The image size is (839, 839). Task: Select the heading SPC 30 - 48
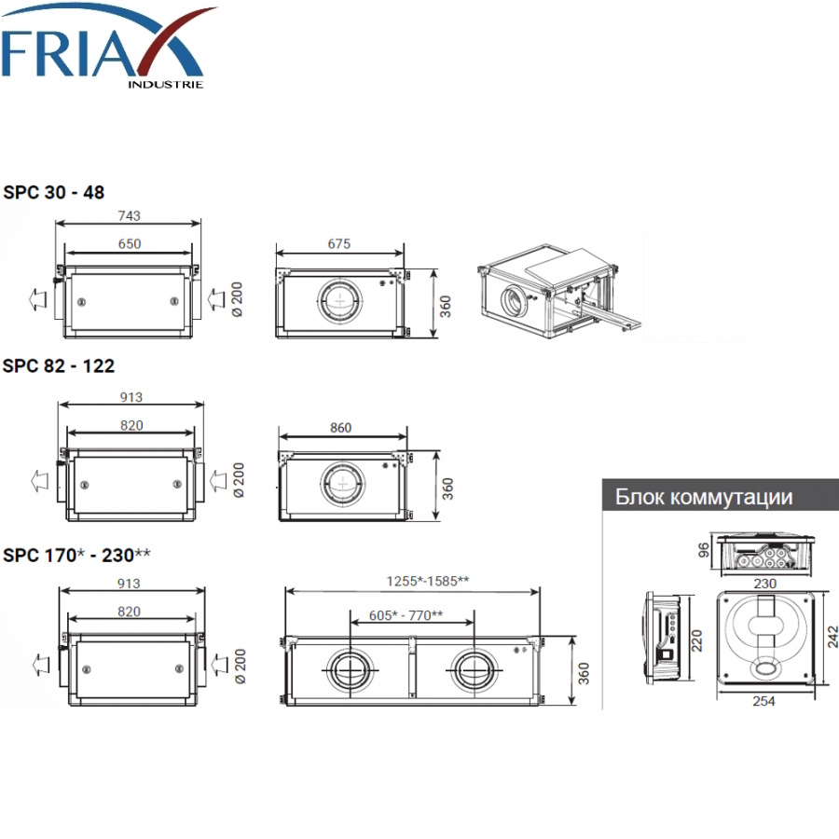click(x=53, y=192)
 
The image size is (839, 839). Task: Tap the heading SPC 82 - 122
click(x=59, y=366)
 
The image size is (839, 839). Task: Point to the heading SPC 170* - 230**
click(x=76, y=555)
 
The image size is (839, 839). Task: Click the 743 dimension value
click(x=129, y=215)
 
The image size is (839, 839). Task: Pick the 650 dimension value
click(x=130, y=243)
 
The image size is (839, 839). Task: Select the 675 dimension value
click(x=339, y=243)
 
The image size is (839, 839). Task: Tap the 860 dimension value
click(x=341, y=428)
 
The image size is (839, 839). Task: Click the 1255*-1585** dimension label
click(x=428, y=581)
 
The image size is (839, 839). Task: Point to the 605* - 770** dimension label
click(x=406, y=615)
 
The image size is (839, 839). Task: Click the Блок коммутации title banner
click(x=721, y=496)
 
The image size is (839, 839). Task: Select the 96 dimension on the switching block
click(x=704, y=549)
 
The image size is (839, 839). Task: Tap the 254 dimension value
click(x=763, y=701)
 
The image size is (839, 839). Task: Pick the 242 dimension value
click(x=832, y=638)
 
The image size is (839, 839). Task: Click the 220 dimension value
click(x=696, y=640)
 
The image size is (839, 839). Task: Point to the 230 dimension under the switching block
click(x=765, y=584)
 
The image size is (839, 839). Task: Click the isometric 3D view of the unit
click(x=558, y=291)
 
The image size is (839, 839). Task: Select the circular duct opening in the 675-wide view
click(x=339, y=301)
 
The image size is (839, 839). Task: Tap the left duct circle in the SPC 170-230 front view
click(x=350, y=670)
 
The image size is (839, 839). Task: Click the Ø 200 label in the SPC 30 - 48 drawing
click(x=236, y=299)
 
